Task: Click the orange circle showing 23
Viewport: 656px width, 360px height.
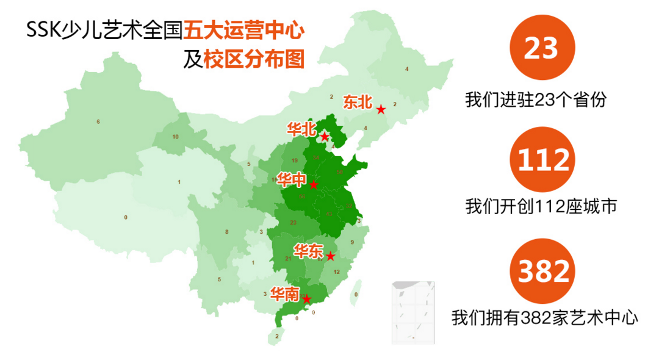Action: pos(542,48)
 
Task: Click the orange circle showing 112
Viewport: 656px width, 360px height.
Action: pos(542,159)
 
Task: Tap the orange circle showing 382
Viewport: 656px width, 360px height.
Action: pos(542,270)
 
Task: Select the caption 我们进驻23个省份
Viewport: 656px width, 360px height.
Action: pos(536,99)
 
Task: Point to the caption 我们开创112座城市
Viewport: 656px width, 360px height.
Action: pos(541,206)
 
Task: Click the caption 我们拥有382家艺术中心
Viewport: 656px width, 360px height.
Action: pos(544,317)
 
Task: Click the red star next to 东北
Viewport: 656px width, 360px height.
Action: pos(381,110)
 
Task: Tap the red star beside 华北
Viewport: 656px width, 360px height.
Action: pos(325,137)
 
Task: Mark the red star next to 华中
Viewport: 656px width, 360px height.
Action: pos(313,185)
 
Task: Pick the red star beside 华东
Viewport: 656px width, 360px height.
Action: pos(330,256)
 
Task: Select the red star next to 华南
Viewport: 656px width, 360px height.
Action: pos(307,299)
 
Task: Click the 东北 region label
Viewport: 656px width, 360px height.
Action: pos(358,102)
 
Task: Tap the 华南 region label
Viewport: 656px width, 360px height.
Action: pos(284,295)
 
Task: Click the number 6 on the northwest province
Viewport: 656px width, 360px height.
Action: pos(98,122)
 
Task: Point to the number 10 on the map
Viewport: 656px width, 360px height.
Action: pos(175,137)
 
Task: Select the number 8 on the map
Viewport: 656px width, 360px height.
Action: pos(226,232)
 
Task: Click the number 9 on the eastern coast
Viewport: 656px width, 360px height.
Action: pos(352,242)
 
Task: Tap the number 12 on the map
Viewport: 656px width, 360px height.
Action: pos(337,272)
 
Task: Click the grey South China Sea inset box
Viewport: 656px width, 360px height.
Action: pos(413,312)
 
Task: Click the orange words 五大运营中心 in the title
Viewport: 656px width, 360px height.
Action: pos(244,30)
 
